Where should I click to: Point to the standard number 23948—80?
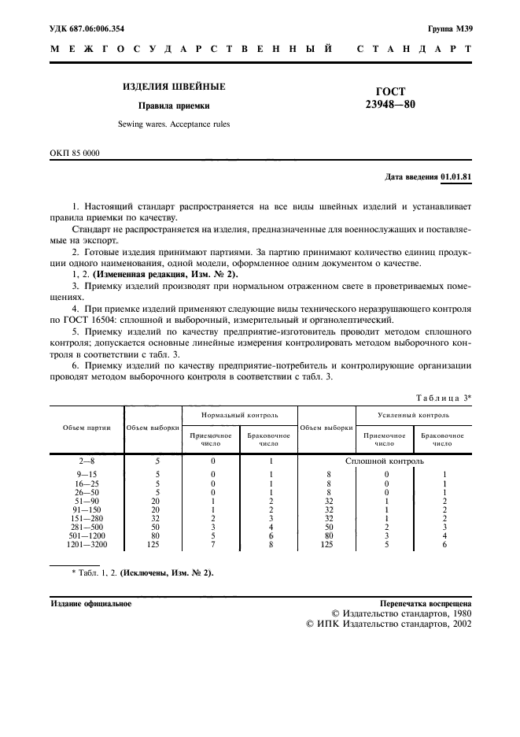point(390,106)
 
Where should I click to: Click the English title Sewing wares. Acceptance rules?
point(174,124)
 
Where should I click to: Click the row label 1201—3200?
point(87,543)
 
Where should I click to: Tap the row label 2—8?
point(87,461)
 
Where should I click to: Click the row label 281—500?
point(87,526)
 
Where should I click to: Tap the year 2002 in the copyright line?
point(459,623)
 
